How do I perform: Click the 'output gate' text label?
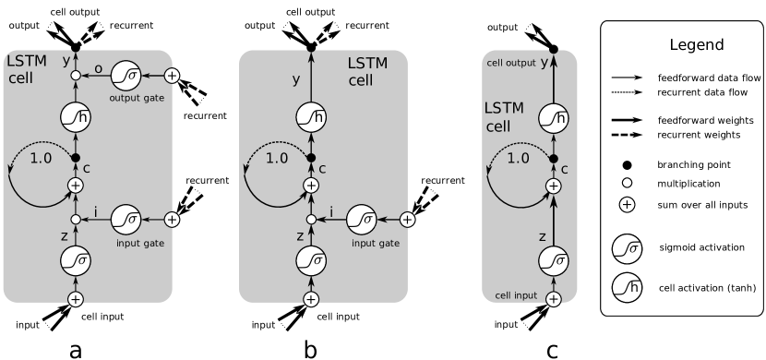(137, 97)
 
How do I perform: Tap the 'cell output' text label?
(511, 63)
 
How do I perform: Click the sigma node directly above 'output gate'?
(126, 75)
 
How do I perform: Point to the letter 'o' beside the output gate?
(98, 67)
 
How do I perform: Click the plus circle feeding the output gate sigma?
(172, 75)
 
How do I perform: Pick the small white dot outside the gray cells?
(627, 183)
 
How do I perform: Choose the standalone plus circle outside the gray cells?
(627, 205)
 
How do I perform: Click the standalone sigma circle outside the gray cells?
(627, 249)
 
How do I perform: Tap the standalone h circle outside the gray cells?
(627, 288)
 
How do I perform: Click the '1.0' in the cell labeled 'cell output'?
(519, 158)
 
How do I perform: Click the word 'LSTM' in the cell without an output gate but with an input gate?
(367, 63)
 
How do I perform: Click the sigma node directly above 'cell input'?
(554, 261)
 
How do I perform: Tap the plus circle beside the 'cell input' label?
(554, 299)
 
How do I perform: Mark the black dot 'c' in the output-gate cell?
(76, 158)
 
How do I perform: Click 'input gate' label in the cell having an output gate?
(140, 243)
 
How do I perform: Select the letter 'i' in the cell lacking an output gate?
(333, 212)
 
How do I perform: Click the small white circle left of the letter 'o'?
(76, 75)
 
